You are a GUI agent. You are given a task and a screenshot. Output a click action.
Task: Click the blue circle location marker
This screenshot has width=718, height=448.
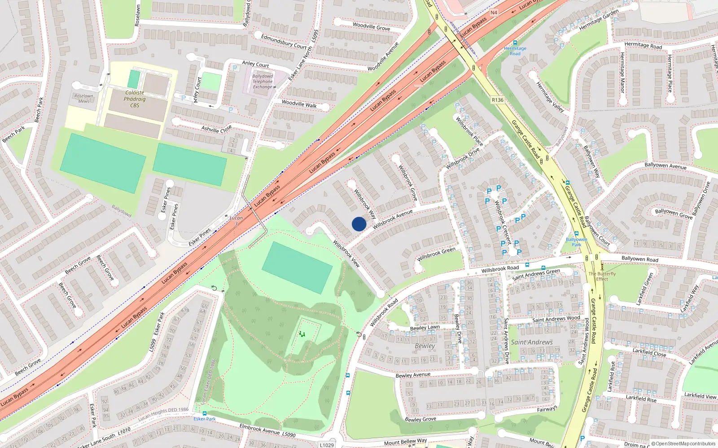coord(359,224)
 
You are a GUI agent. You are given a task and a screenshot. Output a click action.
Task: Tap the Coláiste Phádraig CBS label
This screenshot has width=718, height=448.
coord(135,99)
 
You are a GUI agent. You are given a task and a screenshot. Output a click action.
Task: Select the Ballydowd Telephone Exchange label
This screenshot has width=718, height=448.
coord(263,82)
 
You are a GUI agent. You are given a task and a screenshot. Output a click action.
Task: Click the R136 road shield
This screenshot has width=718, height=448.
coord(498,100)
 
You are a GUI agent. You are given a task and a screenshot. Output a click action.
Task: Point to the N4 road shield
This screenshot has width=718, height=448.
coord(494,13)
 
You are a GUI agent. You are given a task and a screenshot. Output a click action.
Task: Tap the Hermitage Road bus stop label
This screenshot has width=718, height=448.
coord(515,51)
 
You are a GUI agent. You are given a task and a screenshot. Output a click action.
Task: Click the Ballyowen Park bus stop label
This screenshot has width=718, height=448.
coord(577,242)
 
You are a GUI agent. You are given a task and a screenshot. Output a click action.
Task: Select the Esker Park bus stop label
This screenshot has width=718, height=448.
coord(205,419)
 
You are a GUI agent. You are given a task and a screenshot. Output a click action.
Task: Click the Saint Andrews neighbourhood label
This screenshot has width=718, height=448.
coord(532,342)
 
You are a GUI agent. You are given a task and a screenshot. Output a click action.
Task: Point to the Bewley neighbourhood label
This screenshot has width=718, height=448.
coord(425,346)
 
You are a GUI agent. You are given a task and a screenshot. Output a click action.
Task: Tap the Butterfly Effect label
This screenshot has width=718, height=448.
coord(602,276)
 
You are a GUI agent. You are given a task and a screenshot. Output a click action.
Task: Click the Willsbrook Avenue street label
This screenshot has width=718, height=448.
coord(393,219)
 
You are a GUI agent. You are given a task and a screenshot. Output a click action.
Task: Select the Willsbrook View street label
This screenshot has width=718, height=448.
coord(346,254)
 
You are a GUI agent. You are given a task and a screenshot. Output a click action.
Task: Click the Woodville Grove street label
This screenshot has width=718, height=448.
coord(371,27)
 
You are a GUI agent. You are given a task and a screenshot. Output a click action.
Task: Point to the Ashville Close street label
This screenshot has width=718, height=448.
coord(217,129)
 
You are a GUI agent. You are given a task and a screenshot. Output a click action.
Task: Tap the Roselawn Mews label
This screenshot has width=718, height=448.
coord(84,98)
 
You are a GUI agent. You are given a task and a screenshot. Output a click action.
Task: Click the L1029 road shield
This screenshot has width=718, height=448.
coord(327,445)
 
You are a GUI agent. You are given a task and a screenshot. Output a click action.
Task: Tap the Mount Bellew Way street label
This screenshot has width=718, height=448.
coord(405,442)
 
